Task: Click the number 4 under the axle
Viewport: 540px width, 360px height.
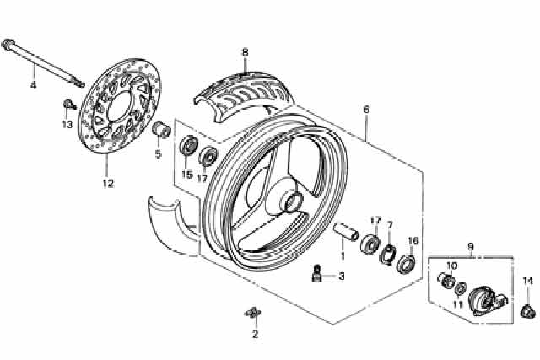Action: point(34,85)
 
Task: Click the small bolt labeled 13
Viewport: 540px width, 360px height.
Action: point(68,105)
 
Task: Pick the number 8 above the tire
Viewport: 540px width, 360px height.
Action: point(245,52)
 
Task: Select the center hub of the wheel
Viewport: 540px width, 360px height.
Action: point(292,201)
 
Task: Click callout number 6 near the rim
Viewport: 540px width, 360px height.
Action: point(366,110)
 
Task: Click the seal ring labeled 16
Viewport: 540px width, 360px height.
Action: point(406,262)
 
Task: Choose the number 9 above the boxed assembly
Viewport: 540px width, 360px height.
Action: point(471,247)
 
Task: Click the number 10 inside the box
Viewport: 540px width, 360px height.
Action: point(451,265)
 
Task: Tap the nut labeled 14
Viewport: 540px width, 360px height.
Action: point(527,309)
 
